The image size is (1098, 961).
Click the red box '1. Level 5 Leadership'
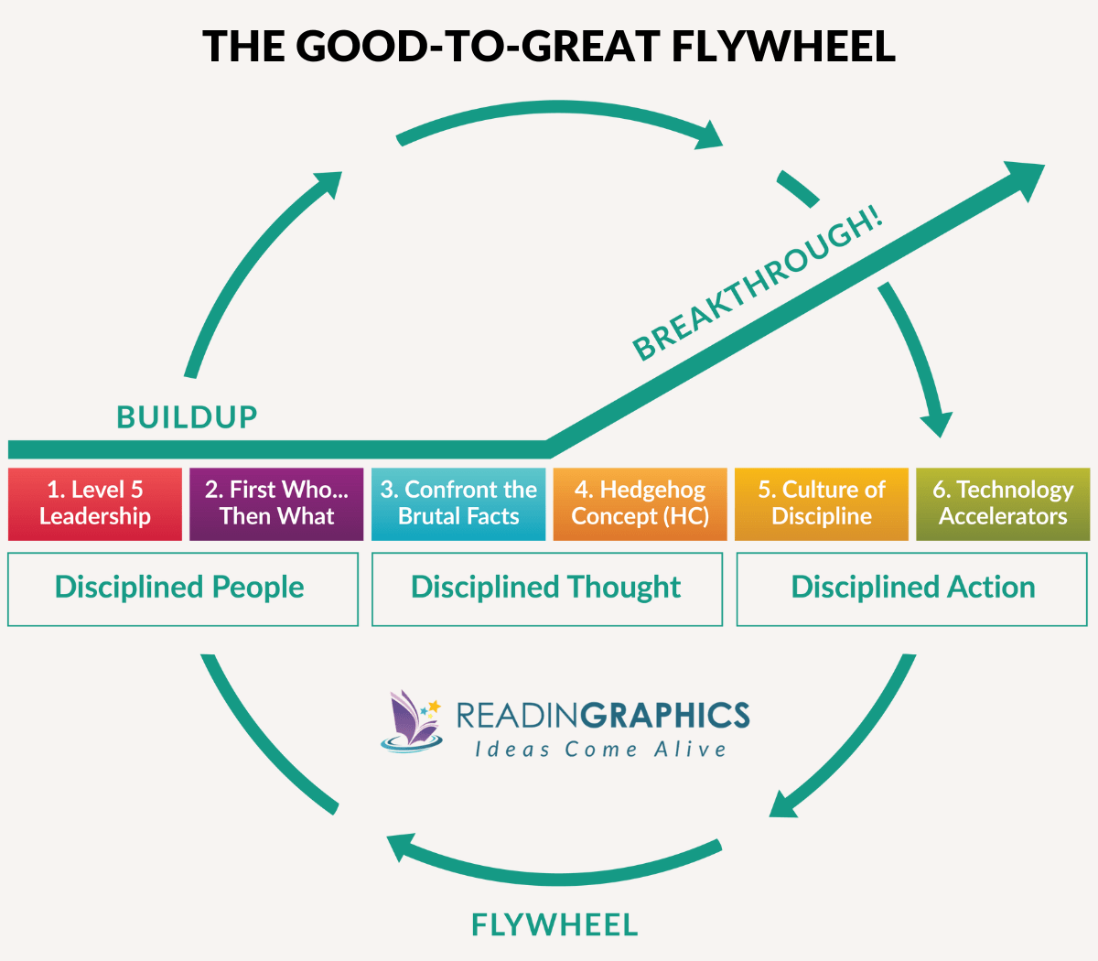(95, 503)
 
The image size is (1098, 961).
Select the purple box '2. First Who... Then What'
(276, 503)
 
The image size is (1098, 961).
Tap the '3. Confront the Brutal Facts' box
(458, 503)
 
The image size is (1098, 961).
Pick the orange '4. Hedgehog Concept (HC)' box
(640, 503)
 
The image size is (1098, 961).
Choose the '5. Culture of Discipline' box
(822, 503)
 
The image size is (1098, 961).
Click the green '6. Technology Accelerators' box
(1003, 503)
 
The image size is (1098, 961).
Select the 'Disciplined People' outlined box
(182, 588)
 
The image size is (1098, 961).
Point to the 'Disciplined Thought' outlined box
(546, 588)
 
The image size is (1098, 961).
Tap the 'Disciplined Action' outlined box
(912, 588)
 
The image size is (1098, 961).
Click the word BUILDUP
(188, 417)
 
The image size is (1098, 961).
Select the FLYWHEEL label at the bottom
(554, 925)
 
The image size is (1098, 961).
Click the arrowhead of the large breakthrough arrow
(1023, 178)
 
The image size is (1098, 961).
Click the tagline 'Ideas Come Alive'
(600, 750)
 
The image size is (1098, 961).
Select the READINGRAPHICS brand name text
(602, 715)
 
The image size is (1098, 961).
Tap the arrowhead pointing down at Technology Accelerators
(937, 423)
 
